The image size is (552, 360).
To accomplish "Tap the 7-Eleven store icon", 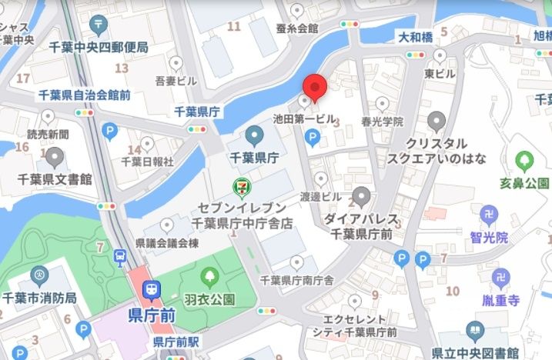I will [x=243, y=187].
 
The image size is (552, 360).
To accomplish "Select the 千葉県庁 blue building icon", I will [x=254, y=138].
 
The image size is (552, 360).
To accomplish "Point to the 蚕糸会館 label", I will [x=296, y=28].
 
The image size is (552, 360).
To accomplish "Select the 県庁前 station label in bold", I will [x=152, y=315].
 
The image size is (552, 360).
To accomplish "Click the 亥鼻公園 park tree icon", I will [x=526, y=162].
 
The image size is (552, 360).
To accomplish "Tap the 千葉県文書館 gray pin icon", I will [x=55, y=158].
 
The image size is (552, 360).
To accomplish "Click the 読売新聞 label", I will [x=48, y=134].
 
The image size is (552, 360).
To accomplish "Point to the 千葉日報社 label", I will [x=148, y=162].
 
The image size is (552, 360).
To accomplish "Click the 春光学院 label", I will [x=383, y=122].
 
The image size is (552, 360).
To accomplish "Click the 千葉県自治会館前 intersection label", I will [x=84, y=95].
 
